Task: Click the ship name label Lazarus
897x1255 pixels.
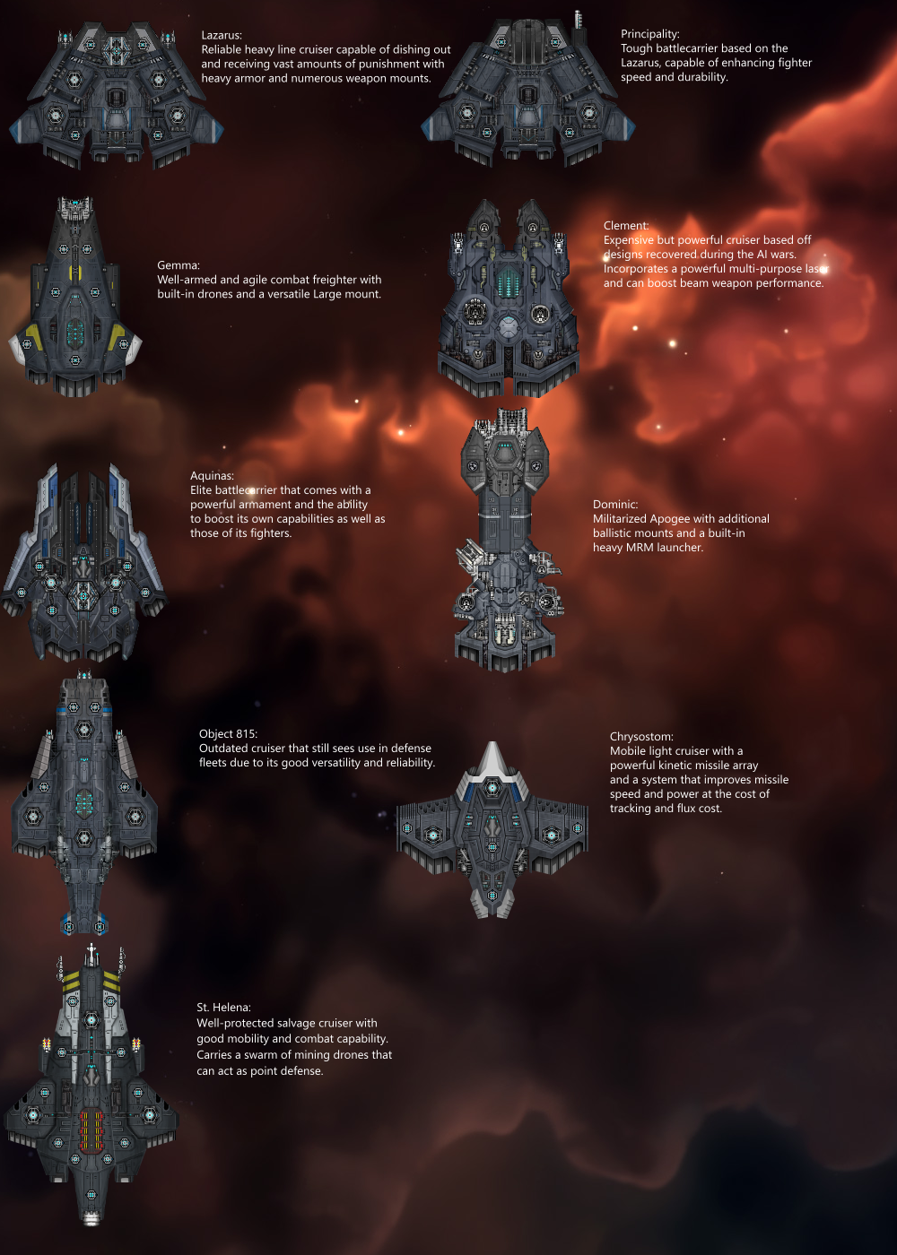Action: [221, 35]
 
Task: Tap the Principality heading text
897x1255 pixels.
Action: [649, 34]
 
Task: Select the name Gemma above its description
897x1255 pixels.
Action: [178, 265]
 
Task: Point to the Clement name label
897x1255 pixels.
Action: [625, 226]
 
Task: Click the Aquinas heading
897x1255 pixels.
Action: [212, 476]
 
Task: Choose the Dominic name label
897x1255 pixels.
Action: [614, 505]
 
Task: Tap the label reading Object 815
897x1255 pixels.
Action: [228, 734]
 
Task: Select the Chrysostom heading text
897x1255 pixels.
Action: [640, 737]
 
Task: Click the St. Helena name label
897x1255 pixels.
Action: [223, 1008]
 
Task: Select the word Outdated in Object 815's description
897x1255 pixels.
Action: [226, 749]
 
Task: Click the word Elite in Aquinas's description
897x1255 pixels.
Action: [201, 490]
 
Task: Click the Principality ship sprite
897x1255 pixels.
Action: [527, 94]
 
